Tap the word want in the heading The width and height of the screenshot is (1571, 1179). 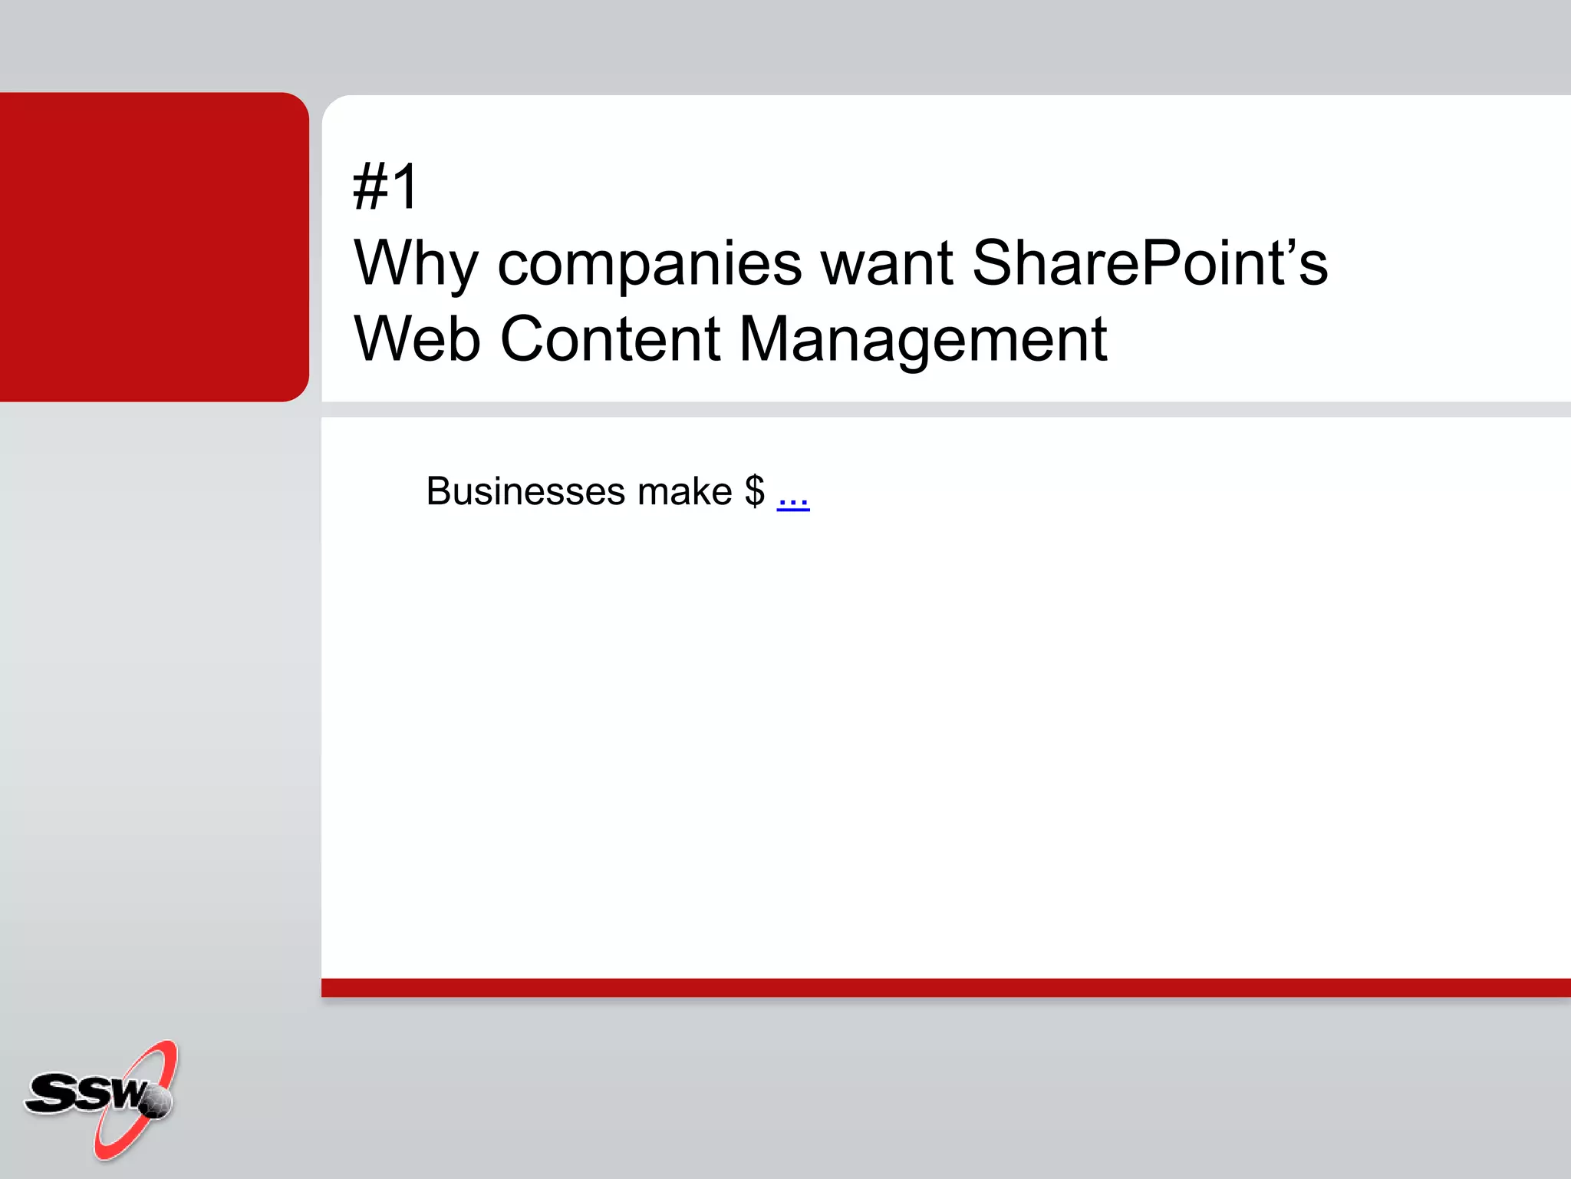[887, 263]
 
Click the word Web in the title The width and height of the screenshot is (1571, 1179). [417, 339]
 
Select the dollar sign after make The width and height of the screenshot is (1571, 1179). [754, 491]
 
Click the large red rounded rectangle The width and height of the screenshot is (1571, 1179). [153, 246]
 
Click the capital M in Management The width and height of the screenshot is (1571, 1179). [769, 339]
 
